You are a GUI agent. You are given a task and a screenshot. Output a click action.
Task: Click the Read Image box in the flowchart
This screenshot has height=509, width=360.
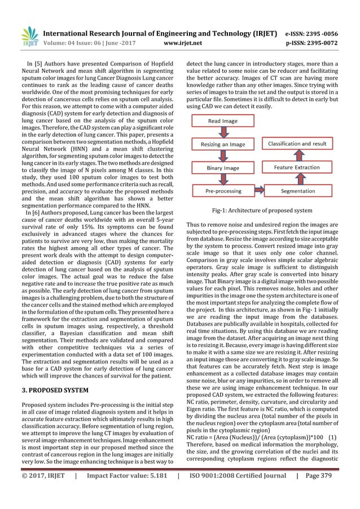pyautogui.click(x=223, y=121)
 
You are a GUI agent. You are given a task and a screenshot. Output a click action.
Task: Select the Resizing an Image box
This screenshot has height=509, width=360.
pyautogui.click(x=223, y=144)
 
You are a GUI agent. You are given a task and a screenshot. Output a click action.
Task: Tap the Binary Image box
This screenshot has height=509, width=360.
pyautogui.click(x=223, y=168)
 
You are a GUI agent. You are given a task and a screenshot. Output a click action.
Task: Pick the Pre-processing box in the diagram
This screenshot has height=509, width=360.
pyautogui.click(x=223, y=191)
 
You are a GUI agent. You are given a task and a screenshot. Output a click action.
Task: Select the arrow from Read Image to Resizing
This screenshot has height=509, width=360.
pyautogui.click(x=223, y=132)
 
